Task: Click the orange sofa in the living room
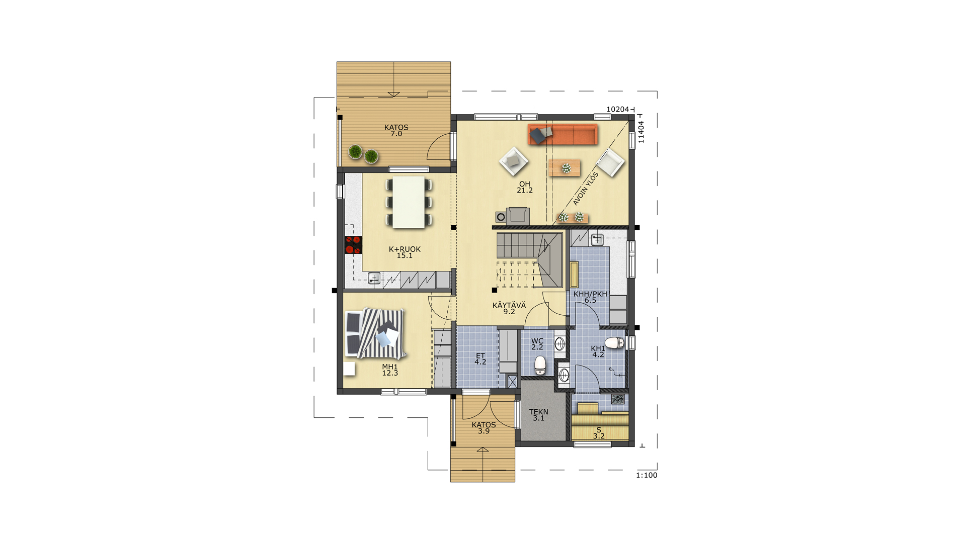(x=562, y=134)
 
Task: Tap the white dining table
(x=409, y=202)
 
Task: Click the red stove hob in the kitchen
(x=353, y=245)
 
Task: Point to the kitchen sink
(x=374, y=278)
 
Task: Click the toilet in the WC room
(x=540, y=366)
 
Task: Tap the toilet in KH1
(x=614, y=343)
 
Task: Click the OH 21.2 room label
(x=525, y=187)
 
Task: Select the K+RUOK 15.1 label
(x=405, y=252)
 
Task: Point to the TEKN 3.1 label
(x=538, y=415)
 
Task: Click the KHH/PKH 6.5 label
(x=590, y=297)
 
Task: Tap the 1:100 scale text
(x=647, y=475)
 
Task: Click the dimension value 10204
(x=618, y=109)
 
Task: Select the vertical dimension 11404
(x=641, y=132)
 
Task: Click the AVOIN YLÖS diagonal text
(x=586, y=189)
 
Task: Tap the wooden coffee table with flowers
(x=564, y=168)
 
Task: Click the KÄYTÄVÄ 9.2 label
(x=509, y=308)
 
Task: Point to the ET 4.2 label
(x=480, y=358)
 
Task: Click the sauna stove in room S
(x=618, y=400)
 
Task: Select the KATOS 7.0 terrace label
(x=396, y=131)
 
